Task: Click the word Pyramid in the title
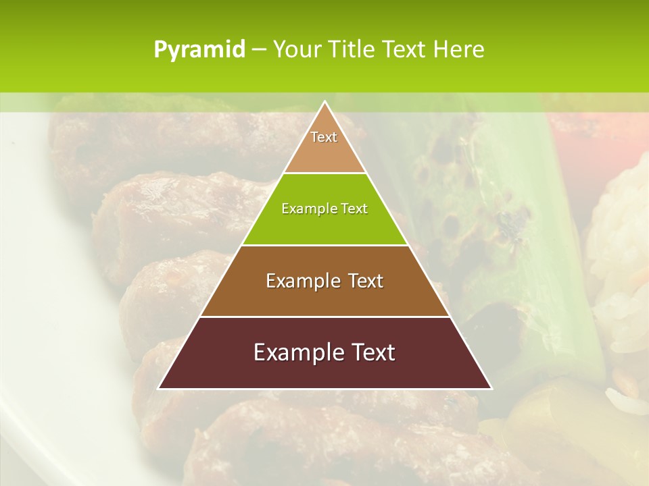199,50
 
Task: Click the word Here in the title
459,49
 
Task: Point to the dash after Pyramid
259,50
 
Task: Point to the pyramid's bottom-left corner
160,388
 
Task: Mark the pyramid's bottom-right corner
491,388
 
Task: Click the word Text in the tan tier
324,137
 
